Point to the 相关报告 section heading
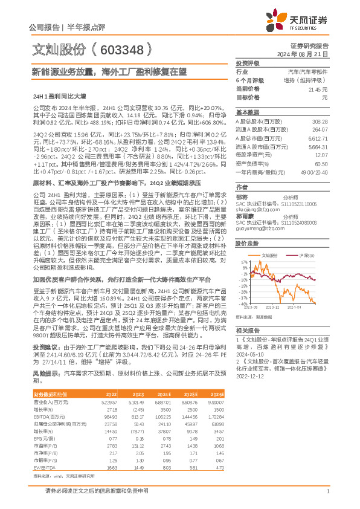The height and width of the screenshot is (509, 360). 247,330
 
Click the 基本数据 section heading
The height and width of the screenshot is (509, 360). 247,112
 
